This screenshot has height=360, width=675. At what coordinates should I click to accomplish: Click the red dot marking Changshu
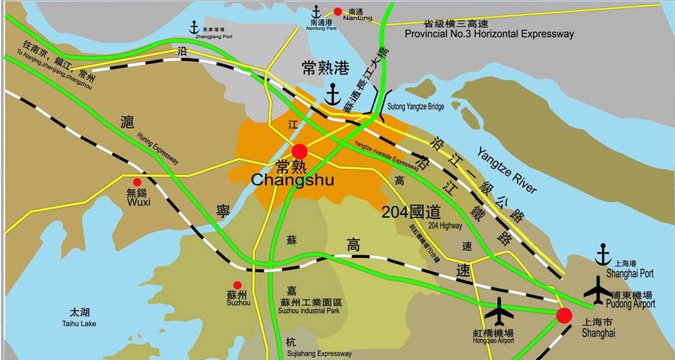[x=300, y=151]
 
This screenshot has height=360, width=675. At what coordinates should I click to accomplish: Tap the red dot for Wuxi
[x=137, y=182]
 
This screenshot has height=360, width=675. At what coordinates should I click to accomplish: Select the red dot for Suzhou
[x=237, y=285]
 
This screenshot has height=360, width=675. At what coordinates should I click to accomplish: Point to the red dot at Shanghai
[x=564, y=316]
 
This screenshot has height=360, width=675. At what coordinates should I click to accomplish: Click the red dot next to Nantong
[x=337, y=11]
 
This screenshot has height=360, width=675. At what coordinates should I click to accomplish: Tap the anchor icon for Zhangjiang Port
[x=194, y=26]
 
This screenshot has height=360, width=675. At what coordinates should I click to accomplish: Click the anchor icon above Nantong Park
[x=316, y=11]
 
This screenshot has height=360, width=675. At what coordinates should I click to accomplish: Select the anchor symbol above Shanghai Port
[x=603, y=254]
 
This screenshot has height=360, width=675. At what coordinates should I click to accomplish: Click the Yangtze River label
[x=506, y=170]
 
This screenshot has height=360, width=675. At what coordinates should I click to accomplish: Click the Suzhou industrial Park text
[x=310, y=311]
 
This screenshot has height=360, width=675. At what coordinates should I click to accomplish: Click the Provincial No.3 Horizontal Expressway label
[x=489, y=34]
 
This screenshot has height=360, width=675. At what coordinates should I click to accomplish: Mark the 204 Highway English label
[x=445, y=226]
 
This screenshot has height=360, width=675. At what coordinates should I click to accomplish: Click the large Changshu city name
[x=292, y=180]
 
